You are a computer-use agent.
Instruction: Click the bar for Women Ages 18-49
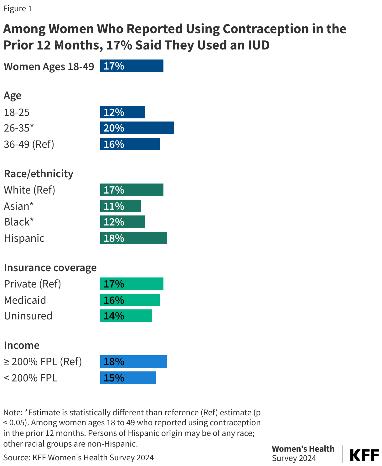(132, 66)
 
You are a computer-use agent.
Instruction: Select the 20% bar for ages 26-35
(137, 128)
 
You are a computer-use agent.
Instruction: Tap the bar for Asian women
(120, 206)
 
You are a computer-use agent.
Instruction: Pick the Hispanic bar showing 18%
(133, 238)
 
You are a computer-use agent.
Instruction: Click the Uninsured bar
(126, 316)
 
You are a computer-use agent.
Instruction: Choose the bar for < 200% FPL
(128, 378)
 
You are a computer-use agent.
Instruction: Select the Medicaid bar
(130, 300)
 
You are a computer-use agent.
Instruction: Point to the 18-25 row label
(17, 112)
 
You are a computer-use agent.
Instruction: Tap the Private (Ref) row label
(33, 284)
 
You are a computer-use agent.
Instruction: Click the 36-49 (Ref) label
(29, 144)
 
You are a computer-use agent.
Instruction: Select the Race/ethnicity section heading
(39, 173)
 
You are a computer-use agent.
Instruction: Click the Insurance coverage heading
(50, 268)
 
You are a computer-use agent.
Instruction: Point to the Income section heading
(22, 345)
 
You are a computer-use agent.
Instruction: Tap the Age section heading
(13, 96)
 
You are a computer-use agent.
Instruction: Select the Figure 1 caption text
(18, 8)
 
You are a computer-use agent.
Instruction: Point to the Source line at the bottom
(79, 458)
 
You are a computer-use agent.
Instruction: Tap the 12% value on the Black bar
(114, 222)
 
